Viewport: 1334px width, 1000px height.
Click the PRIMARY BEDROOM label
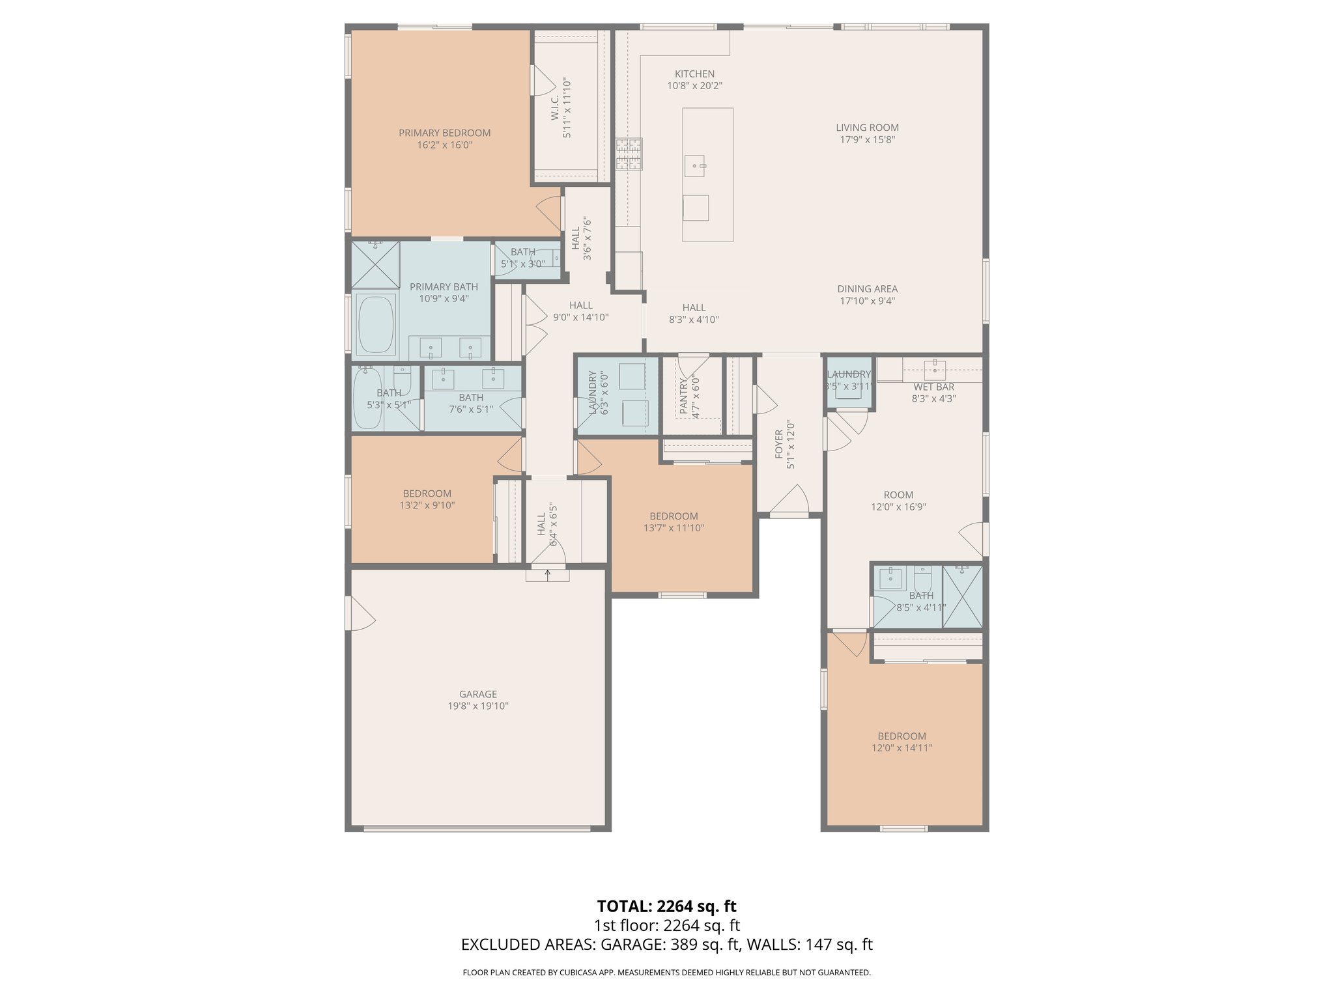point(444,133)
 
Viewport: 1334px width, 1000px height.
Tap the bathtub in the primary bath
point(375,324)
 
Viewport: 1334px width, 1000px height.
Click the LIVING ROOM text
point(867,128)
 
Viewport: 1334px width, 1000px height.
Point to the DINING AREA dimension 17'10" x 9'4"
point(867,301)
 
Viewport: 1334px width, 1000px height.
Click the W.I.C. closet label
point(555,108)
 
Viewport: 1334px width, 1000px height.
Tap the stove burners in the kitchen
point(629,154)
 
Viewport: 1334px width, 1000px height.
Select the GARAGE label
point(477,694)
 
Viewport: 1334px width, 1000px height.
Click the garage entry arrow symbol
point(547,574)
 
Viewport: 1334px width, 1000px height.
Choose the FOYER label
point(779,444)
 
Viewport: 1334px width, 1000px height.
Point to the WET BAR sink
point(935,369)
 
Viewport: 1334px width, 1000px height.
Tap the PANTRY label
point(683,397)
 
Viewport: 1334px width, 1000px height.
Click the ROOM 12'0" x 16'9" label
point(898,495)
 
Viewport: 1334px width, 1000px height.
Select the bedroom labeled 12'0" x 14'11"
point(901,742)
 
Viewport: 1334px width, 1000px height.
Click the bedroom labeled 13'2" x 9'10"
point(427,499)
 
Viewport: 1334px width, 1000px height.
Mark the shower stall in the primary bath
point(376,264)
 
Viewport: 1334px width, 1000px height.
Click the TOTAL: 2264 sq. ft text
point(666,906)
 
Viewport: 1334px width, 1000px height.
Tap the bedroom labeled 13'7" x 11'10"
point(674,522)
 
